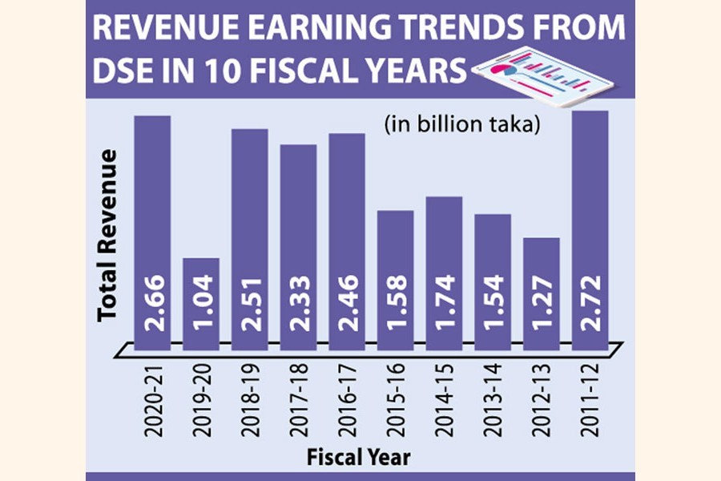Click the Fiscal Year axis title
point(360,458)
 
